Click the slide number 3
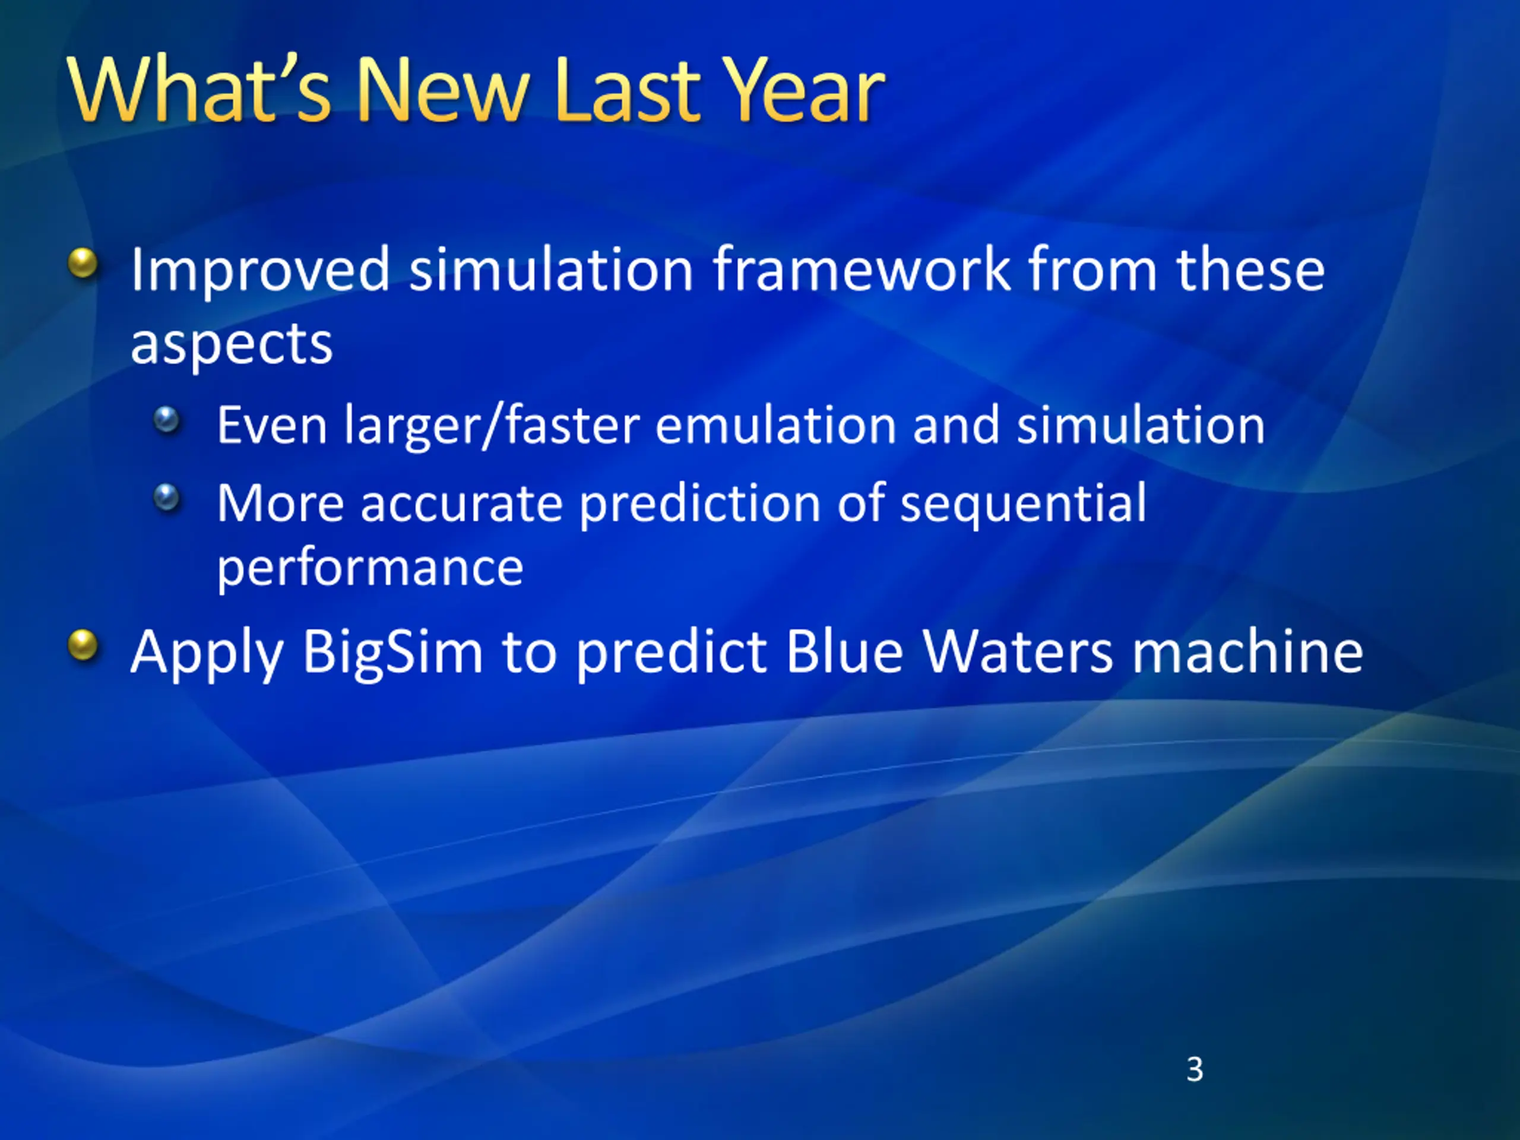(1195, 1069)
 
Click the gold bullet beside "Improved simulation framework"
(83, 263)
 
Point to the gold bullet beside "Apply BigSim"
(83, 645)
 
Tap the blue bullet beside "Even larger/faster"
(166, 419)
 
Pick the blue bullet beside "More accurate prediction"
(166, 498)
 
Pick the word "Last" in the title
(626, 90)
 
